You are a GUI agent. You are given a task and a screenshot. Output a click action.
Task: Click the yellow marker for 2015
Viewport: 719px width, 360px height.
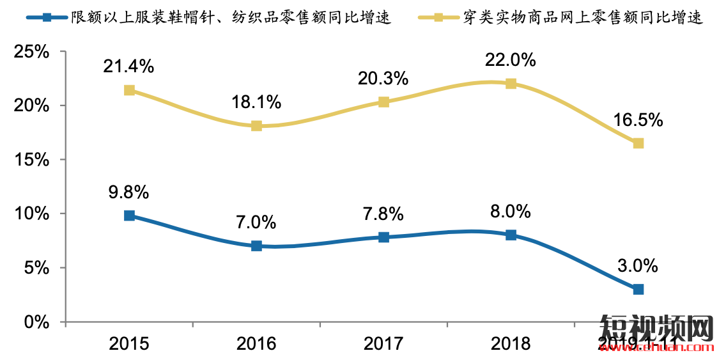[129, 90]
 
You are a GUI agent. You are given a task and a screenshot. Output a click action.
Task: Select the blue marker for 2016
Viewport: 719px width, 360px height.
[256, 246]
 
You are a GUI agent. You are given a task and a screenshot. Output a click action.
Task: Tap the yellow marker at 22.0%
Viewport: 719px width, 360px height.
[511, 84]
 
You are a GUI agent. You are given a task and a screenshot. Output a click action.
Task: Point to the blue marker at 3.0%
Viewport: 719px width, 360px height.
[638, 289]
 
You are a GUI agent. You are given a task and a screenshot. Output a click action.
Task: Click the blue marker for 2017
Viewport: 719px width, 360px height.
[383, 237]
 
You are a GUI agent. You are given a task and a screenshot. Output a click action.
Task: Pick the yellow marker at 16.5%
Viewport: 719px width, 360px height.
[638, 143]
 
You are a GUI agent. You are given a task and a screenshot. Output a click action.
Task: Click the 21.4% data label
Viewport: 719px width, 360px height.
[129, 65]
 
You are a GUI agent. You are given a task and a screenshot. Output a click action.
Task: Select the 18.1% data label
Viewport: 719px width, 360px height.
[256, 102]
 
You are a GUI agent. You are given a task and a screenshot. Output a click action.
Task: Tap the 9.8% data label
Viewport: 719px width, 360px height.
[129, 191]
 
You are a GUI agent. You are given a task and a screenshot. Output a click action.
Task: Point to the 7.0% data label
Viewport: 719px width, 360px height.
[256, 222]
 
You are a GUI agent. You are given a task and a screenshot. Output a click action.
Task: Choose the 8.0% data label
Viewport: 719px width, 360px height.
[511, 211]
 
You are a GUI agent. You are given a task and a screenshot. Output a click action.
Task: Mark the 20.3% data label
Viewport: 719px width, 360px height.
[383, 78]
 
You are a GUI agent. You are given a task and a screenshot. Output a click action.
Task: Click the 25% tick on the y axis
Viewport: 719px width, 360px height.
[32, 52]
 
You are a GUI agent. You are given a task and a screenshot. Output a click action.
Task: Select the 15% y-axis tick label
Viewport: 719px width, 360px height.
[32, 160]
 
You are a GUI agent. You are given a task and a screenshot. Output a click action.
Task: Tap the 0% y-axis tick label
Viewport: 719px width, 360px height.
[37, 322]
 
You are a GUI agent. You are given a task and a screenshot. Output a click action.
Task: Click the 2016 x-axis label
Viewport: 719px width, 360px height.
[256, 344]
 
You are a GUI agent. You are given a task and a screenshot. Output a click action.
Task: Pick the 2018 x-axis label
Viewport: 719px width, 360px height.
[511, 344]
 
